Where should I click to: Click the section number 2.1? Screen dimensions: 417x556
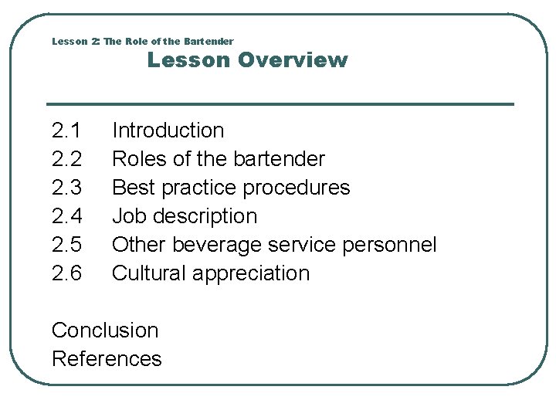(66, 131)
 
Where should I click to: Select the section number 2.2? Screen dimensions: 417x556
(66, 159)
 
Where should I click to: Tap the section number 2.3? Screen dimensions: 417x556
(66, 188)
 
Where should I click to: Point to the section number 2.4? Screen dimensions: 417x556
(66, 216)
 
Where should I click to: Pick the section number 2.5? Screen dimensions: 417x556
(66, 245)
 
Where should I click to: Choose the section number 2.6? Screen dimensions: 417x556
(66, 273)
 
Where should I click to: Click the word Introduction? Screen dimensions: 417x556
(168, 131)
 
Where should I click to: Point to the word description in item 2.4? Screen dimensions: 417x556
(205, 216)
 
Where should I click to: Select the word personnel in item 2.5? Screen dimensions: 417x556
(389, 245)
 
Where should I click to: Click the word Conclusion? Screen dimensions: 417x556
(105, 331)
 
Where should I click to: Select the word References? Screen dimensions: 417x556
(107, 359)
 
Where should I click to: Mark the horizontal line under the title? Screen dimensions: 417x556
(280, 104)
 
